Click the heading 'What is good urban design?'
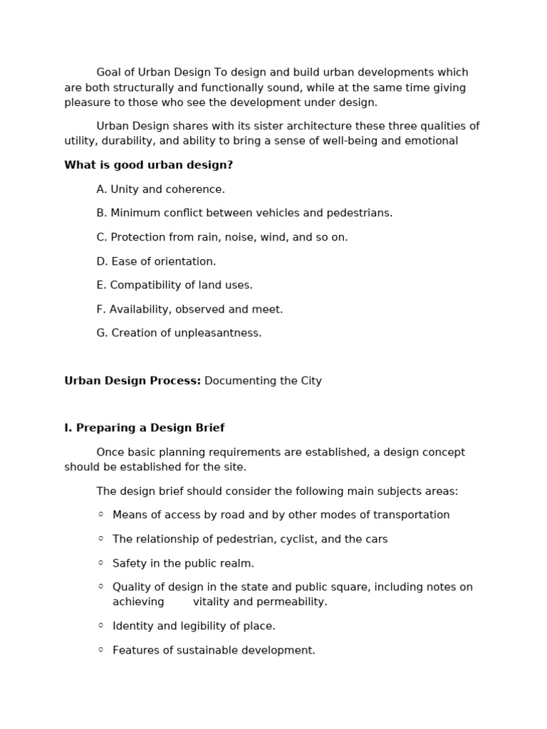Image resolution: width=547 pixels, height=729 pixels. pyautogui.click(x=148, y=165)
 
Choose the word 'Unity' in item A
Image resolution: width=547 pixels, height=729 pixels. pyautogui.click(x=125, y=189)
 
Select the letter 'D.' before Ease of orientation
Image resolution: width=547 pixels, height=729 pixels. pyautogui.click(x=103, y=261)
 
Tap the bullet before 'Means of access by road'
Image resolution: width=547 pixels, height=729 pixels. pyautogui.click(x=101, y=515)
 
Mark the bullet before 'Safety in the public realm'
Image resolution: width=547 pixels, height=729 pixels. pyautogui.click(x=101, y=562)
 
